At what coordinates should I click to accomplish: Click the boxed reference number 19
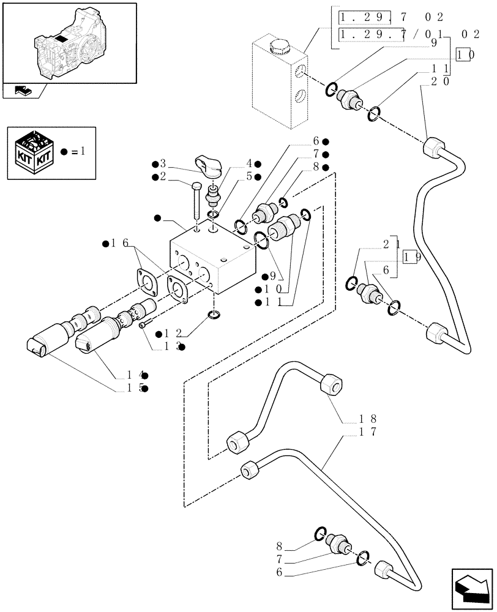411,257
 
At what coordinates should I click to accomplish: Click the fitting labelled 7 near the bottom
337,542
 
